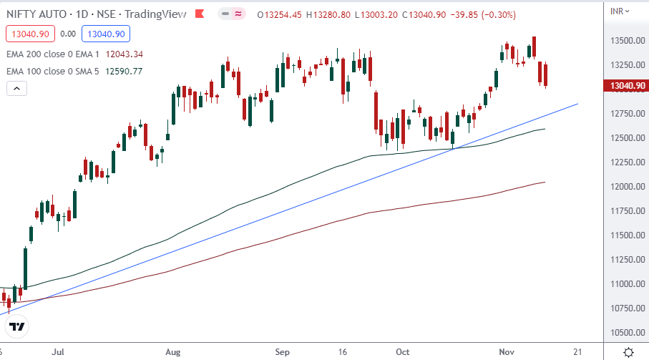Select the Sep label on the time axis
pos(282,352)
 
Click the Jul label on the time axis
pos(59,352)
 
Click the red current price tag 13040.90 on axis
pos(626,86)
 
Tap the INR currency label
pos(617,10)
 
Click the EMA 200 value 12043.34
pos(125,54)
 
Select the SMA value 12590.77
pos(124,71)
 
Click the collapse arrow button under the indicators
pos(16,89)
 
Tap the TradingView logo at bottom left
pos(17,327)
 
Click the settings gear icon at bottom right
pos(628,352)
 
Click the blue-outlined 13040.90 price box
pos(104,33)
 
